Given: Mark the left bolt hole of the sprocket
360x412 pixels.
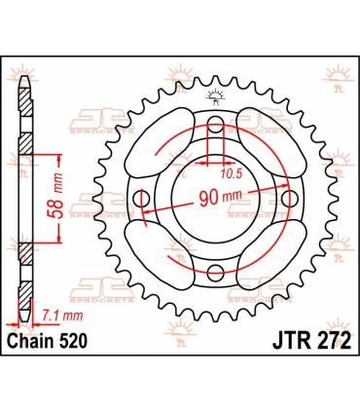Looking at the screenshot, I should tap(143, 200).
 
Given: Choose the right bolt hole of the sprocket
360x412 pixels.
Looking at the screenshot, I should tap(289, 198).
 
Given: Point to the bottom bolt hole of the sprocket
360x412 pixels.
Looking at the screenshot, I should tap(216, 272).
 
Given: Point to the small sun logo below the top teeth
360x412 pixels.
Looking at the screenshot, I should tap(214, 94).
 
